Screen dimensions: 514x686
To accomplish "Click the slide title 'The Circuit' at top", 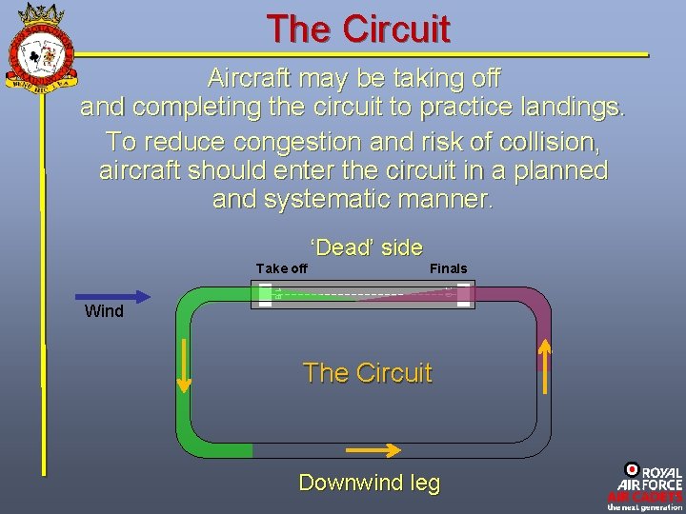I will pyautogui.click(x=357, y=29).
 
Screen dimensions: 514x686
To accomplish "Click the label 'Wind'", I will pyautogui.click(x=104, y=311).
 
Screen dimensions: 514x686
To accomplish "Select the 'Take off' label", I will pyautogui.click(x=282, y=268).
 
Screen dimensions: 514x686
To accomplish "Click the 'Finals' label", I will pyautogui.click(x=448, y=268).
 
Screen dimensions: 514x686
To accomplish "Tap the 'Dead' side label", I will pyautogui.click(x=367, y=247).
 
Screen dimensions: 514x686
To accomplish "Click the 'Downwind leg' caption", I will pyautogui.click(x=370, y=483).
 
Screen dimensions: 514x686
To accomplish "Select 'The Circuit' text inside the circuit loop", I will pyautogui.click(x=367, y=373).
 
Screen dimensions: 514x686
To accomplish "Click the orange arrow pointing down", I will pyautogui.click(x=184, y=366).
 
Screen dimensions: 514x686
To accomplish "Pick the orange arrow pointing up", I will pyautogui.click(x=545, y=366).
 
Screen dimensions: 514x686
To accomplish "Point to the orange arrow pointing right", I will pyautogui.click(x=373, y=450).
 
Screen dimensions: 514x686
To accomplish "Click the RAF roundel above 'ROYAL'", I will pyautogui.click(x=632, y=468).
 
